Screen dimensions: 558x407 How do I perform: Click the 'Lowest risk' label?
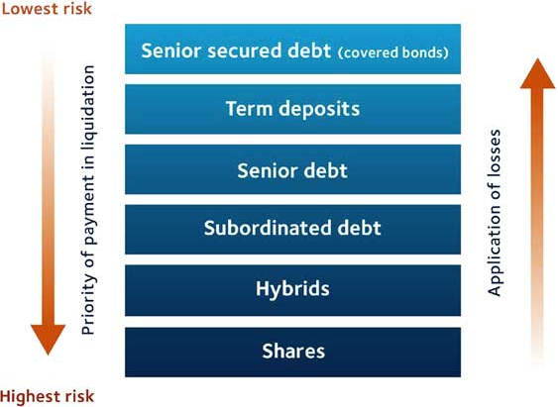[x=47, y=8]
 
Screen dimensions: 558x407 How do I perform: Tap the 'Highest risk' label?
[x=47, y=396]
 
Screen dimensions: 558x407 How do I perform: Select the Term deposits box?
[x=293, y=109]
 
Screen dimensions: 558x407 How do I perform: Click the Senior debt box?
[x=293, y=169]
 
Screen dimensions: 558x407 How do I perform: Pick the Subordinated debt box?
[x=293, y=230]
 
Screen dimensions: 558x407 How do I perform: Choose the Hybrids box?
[x=293, y=290]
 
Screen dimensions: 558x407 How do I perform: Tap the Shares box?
[x=293, y=353]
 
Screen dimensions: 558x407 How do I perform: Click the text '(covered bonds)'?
[x=392, y=52]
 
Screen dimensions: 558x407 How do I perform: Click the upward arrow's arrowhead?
[x=538, y=73]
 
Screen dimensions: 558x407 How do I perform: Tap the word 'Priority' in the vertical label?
[x=88, y=306]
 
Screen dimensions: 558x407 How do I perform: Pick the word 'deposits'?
[x=319, y=109]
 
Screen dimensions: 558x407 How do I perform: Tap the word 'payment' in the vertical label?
[x=88, y=210]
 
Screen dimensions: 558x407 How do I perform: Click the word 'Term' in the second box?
[x=249, y=108]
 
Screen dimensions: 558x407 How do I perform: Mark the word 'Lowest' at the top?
[x=25, y=8]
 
